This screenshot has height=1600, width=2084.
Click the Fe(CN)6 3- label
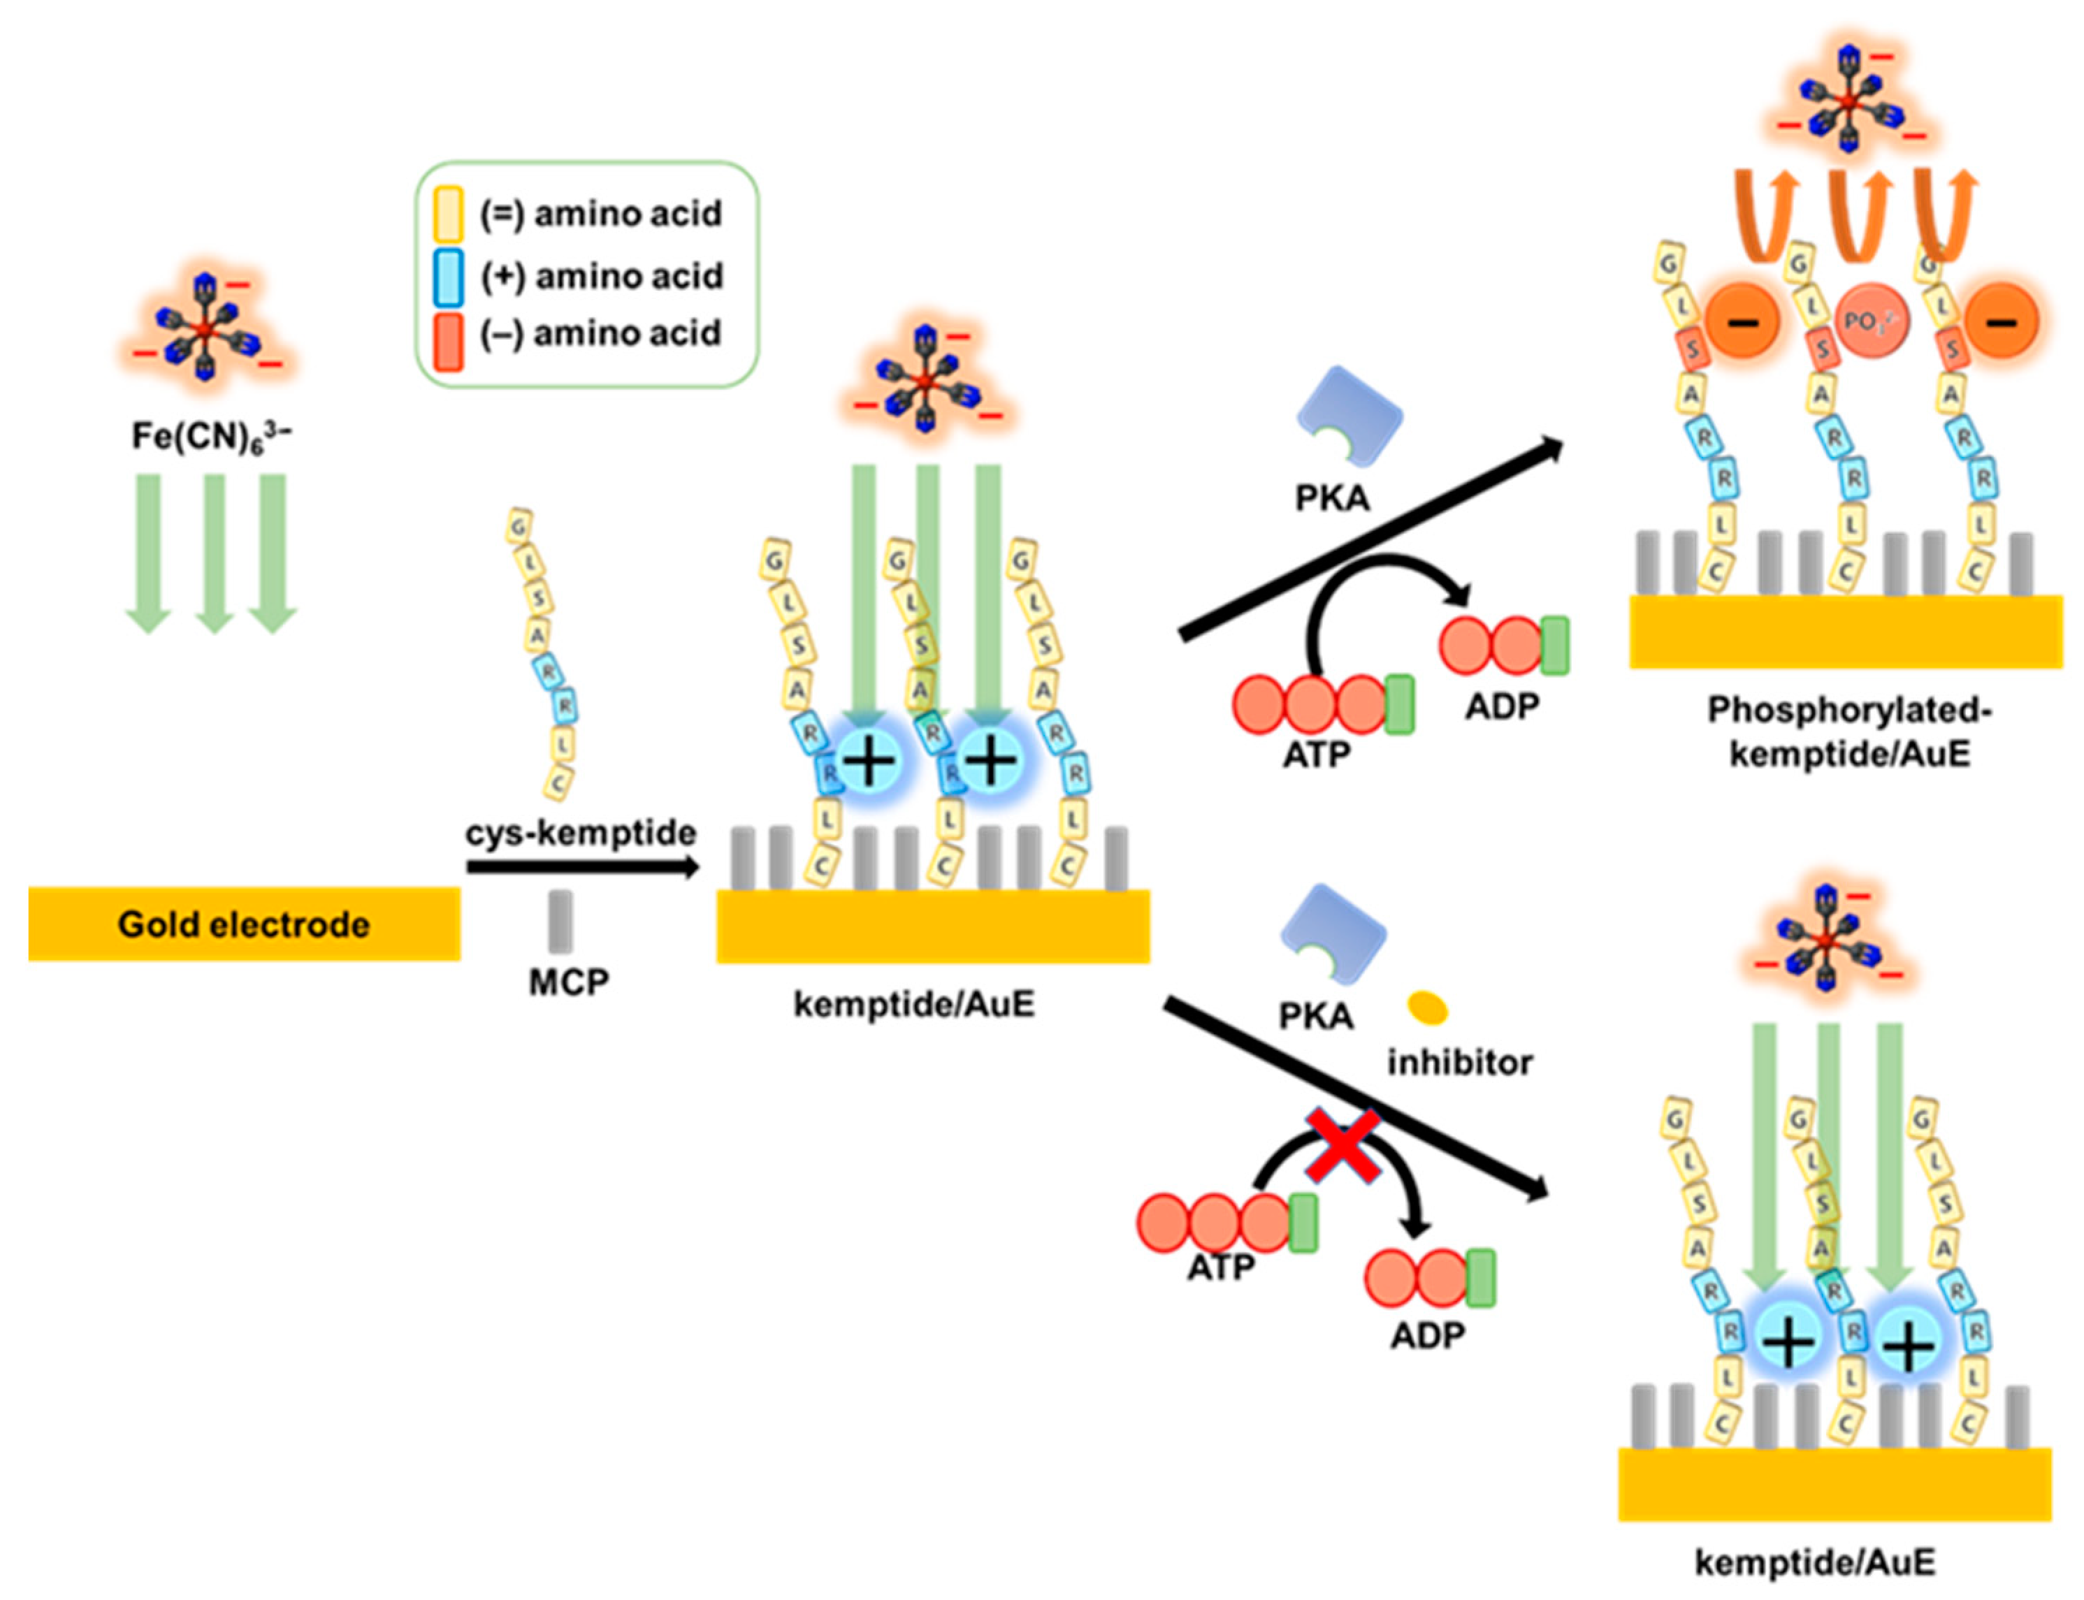(210, 436)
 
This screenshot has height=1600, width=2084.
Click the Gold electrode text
(243, 924)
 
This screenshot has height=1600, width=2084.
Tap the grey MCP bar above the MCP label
(560, 921)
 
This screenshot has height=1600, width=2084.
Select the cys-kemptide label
(580, 831)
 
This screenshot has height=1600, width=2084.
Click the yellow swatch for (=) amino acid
(448, 212)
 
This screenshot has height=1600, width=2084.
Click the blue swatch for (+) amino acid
(448, 276)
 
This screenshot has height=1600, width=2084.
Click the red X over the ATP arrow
(1342, 1146)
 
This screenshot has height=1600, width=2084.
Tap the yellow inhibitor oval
(1427, 1008)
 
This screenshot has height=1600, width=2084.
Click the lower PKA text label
(1315, 1016)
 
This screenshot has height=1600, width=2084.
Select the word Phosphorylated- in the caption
(1848, 711)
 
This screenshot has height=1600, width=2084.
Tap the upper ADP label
(1501, 706)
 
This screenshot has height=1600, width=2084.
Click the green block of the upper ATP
(1398, 705)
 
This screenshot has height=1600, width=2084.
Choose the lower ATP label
(1220, 1267)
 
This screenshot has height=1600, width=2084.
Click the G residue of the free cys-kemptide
(518, 525)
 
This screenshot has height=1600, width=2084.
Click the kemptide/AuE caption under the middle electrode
(913, 1004)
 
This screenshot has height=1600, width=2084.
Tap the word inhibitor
(1459, 1062)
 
